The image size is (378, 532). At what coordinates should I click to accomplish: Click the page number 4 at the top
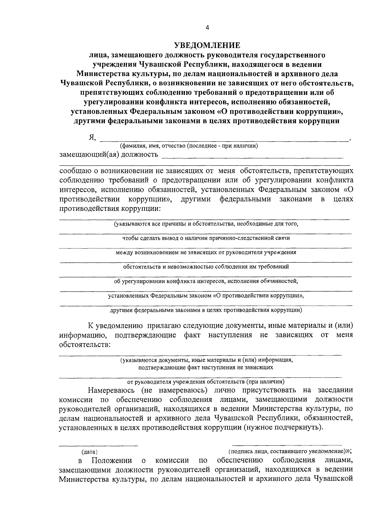(x=207, y=27)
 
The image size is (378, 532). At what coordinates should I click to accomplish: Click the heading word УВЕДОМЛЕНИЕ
(x=207, y=45)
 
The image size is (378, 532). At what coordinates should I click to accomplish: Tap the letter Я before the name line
(x=92, y=137)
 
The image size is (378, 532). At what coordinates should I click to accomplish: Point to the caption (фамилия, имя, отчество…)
(x=189, y=146)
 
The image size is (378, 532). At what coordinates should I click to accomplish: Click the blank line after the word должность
(x=252, y=157)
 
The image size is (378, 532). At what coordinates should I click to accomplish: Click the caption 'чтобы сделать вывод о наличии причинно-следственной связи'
(x=206, y=238)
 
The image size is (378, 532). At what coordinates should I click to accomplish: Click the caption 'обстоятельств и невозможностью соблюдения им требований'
(x=206, y=267)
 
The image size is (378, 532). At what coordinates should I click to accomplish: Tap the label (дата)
(x=89, y=452)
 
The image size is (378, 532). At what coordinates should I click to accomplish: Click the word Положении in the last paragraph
(x=112, y=460)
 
